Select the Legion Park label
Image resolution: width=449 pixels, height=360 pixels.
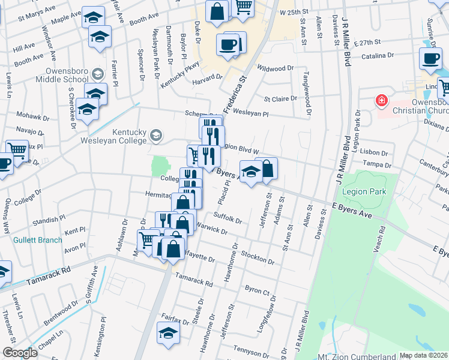coord(363,191)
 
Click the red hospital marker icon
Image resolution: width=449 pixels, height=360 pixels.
coord(381,100)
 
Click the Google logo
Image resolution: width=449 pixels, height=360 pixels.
coord(20,353)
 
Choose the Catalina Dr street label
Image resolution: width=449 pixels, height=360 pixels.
coord(378,55)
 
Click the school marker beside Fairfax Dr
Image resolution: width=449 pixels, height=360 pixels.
coord(168,333)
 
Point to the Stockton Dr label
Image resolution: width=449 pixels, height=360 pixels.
coord(257,259)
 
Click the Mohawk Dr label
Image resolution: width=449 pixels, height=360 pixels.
coord(26,114)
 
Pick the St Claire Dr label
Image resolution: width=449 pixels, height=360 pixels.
coord(280,98)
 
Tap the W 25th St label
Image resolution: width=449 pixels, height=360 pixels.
coord(294,11)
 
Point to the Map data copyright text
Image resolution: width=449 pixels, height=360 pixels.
coord(424,355)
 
